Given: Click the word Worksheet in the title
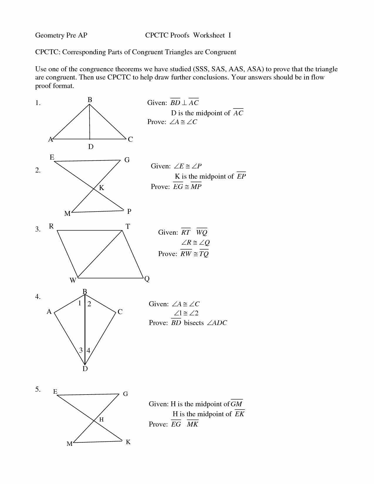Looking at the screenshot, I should coord(209,35).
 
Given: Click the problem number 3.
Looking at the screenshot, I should coord(38,229).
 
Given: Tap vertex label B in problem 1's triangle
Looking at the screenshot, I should coord(90,100).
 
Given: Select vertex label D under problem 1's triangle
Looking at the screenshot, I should coord(91,147).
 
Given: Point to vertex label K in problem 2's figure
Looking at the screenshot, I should coord(101,188).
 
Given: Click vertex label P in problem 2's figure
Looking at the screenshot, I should coord(129,211).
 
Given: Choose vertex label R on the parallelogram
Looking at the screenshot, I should coord(51,226).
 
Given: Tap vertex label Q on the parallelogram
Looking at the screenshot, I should coord(147,279).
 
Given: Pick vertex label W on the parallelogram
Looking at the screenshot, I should coord(73,280).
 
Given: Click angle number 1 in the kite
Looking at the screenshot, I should coord(79,303).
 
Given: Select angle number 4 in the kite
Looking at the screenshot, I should coord(88,350).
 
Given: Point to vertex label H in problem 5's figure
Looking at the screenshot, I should coord(101,420).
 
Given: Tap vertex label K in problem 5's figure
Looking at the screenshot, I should coord(128,442).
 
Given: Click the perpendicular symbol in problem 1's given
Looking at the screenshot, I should coord(184,103).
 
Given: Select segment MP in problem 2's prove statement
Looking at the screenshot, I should coord(196,187).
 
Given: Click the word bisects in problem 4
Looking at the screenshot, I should coord(194,323).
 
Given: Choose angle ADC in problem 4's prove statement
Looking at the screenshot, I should coord(217,323).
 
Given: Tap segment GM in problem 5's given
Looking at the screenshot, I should coord(236,404).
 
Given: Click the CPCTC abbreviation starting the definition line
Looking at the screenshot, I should coord(47,52).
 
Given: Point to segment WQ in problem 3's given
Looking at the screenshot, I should coord(202,233).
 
